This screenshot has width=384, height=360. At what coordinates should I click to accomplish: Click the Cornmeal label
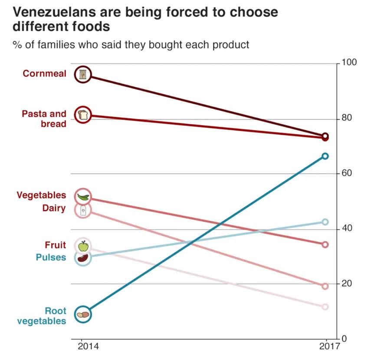(45, 74)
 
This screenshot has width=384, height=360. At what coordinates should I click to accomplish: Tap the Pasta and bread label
(44, 119)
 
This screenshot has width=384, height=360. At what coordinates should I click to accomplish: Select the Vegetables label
(42, 195)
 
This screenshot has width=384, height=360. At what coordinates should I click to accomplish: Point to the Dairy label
(54, 208)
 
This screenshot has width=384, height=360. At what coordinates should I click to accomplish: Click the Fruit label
(56, 245)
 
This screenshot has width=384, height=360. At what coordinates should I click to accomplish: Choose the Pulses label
(51, 258)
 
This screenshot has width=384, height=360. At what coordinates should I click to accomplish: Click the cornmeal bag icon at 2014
(83, 75)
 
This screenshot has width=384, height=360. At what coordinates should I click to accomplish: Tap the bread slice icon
(83, 115)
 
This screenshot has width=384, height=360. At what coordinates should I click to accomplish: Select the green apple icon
(83, 246)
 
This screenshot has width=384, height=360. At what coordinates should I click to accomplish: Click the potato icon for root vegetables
(83, 314)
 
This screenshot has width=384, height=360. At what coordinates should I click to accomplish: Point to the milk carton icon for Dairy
(83, 211)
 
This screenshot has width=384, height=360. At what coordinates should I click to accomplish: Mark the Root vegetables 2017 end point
(325, 156)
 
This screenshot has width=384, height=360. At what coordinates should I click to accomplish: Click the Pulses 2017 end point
(325, 222)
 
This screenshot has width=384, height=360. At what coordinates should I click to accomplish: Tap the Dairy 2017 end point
(325, 286)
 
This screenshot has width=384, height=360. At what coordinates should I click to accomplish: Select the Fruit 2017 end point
(325, 307)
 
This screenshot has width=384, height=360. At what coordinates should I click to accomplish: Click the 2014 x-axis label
(88, 347)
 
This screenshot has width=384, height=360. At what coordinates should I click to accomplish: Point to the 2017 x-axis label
(326, 347)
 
